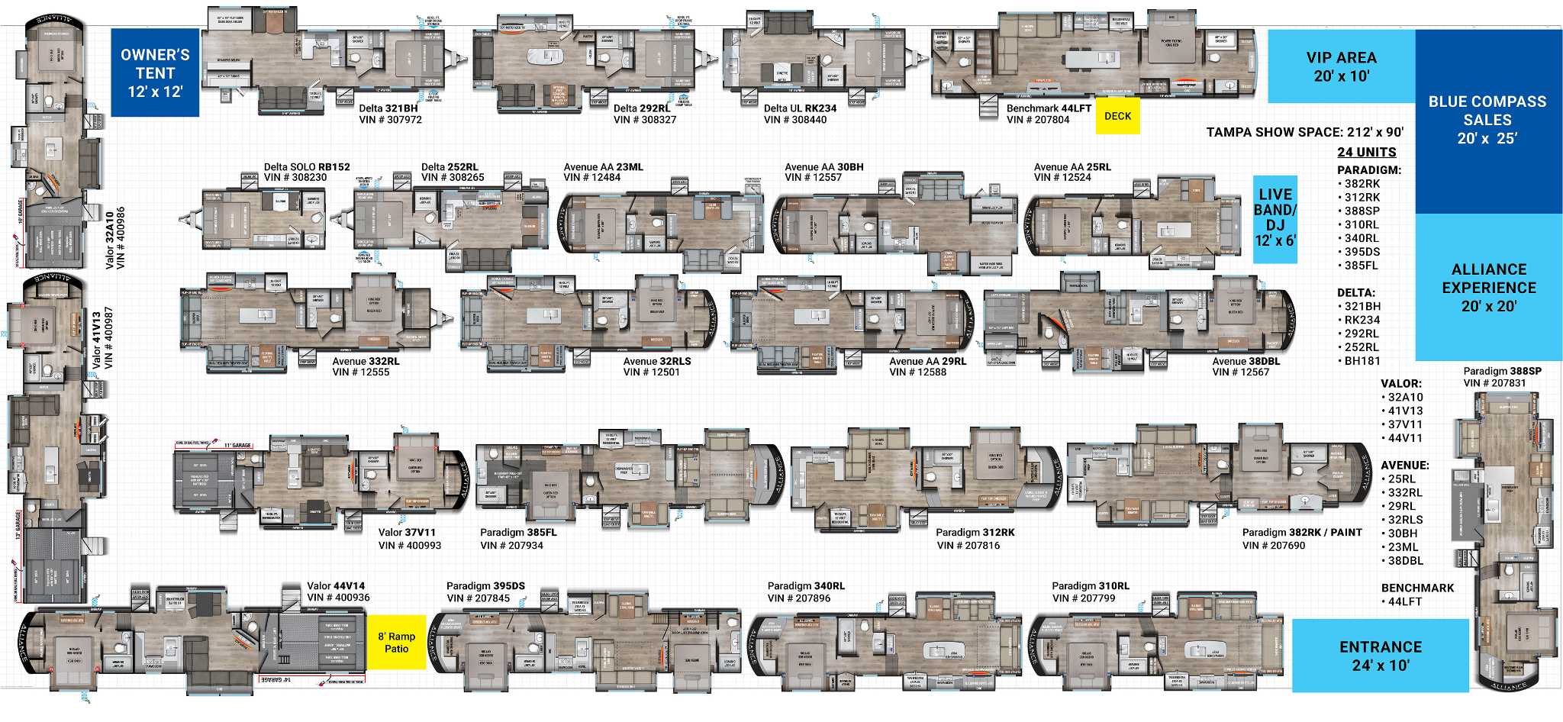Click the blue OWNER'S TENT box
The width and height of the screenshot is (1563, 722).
point(155,73)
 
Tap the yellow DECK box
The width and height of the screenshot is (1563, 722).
point(1117,116)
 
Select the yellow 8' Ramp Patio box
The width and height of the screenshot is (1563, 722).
point(396,642)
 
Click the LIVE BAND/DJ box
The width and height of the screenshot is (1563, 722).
point(1275,218)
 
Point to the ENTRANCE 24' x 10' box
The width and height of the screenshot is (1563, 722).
point(1380,656)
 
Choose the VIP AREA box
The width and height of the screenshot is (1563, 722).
point(1341,66)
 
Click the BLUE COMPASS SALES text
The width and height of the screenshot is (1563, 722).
point(1487,119)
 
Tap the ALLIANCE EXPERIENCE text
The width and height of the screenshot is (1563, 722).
point(1488,287)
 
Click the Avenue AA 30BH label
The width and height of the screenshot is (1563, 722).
point(823,167)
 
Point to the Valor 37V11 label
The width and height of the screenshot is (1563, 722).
point(407,533)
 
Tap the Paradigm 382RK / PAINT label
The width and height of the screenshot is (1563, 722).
point(1301,533)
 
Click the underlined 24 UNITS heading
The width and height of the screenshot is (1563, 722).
point(1366,152)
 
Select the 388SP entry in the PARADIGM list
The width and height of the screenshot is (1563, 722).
point(1362,211)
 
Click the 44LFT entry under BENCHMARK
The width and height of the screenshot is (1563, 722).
point(1404,601)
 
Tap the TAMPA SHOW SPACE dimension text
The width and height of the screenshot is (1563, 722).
point(1304,132)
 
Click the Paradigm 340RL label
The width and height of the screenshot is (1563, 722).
point(805,586)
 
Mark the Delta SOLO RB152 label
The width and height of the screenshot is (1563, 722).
point(307,167)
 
